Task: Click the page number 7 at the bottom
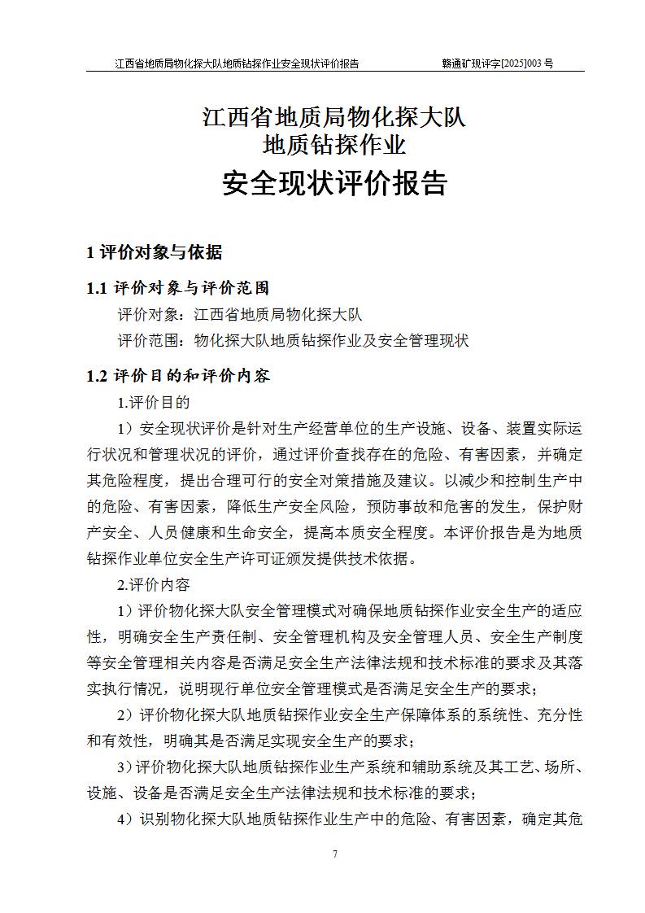coord(335,854)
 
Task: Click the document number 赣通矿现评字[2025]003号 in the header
coord(497,63)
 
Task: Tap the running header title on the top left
coord(237,63)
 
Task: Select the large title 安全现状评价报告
coord(334,184)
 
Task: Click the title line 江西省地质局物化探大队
coord(334,117)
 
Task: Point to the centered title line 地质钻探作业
coord(334,146)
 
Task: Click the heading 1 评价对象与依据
coord(154,252)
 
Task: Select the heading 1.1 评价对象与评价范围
coord(178,288)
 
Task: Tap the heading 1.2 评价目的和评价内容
coord(178,376)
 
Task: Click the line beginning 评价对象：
coord(240,315)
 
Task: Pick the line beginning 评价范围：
coord(293,341)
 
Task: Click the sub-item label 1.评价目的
coord(154,402)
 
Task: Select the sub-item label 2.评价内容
coord(154,584)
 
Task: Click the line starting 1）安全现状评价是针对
coord(350,428)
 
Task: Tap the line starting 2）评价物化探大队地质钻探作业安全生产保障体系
coord(350,715)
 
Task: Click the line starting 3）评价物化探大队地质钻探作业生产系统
coord(350,767)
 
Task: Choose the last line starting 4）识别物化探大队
coord(350,819)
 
